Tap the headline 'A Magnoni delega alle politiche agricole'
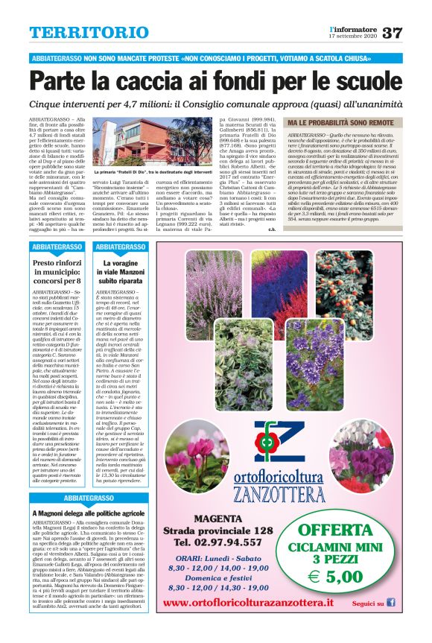point(87,514)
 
